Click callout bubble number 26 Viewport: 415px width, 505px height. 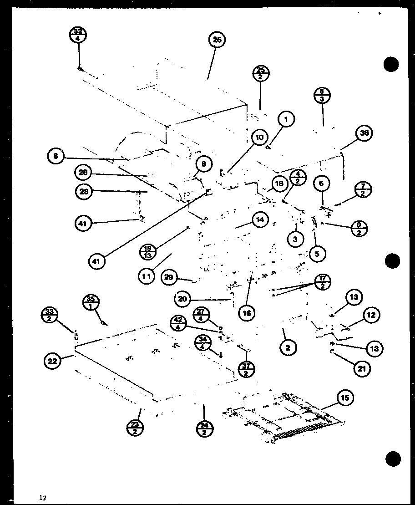coord(217,40)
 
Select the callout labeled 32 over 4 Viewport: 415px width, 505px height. coord(78,35)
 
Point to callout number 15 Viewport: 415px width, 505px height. coord(345,398)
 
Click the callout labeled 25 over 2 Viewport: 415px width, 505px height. coord(261,73)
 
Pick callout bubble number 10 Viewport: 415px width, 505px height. coord(259,138)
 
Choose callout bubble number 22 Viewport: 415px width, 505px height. coord(53,361)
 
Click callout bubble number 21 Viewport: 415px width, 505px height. coord(362,368)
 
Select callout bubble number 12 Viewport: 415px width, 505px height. coord(371,315)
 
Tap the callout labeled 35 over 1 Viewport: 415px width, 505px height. coord(91,303)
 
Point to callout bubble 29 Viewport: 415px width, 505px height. coord(170,278)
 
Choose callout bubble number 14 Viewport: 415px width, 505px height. coord(259,219)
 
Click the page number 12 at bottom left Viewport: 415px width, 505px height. coord(43,497)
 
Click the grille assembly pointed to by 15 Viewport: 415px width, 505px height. coord(282,417)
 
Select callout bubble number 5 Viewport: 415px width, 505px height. coord(317,254)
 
